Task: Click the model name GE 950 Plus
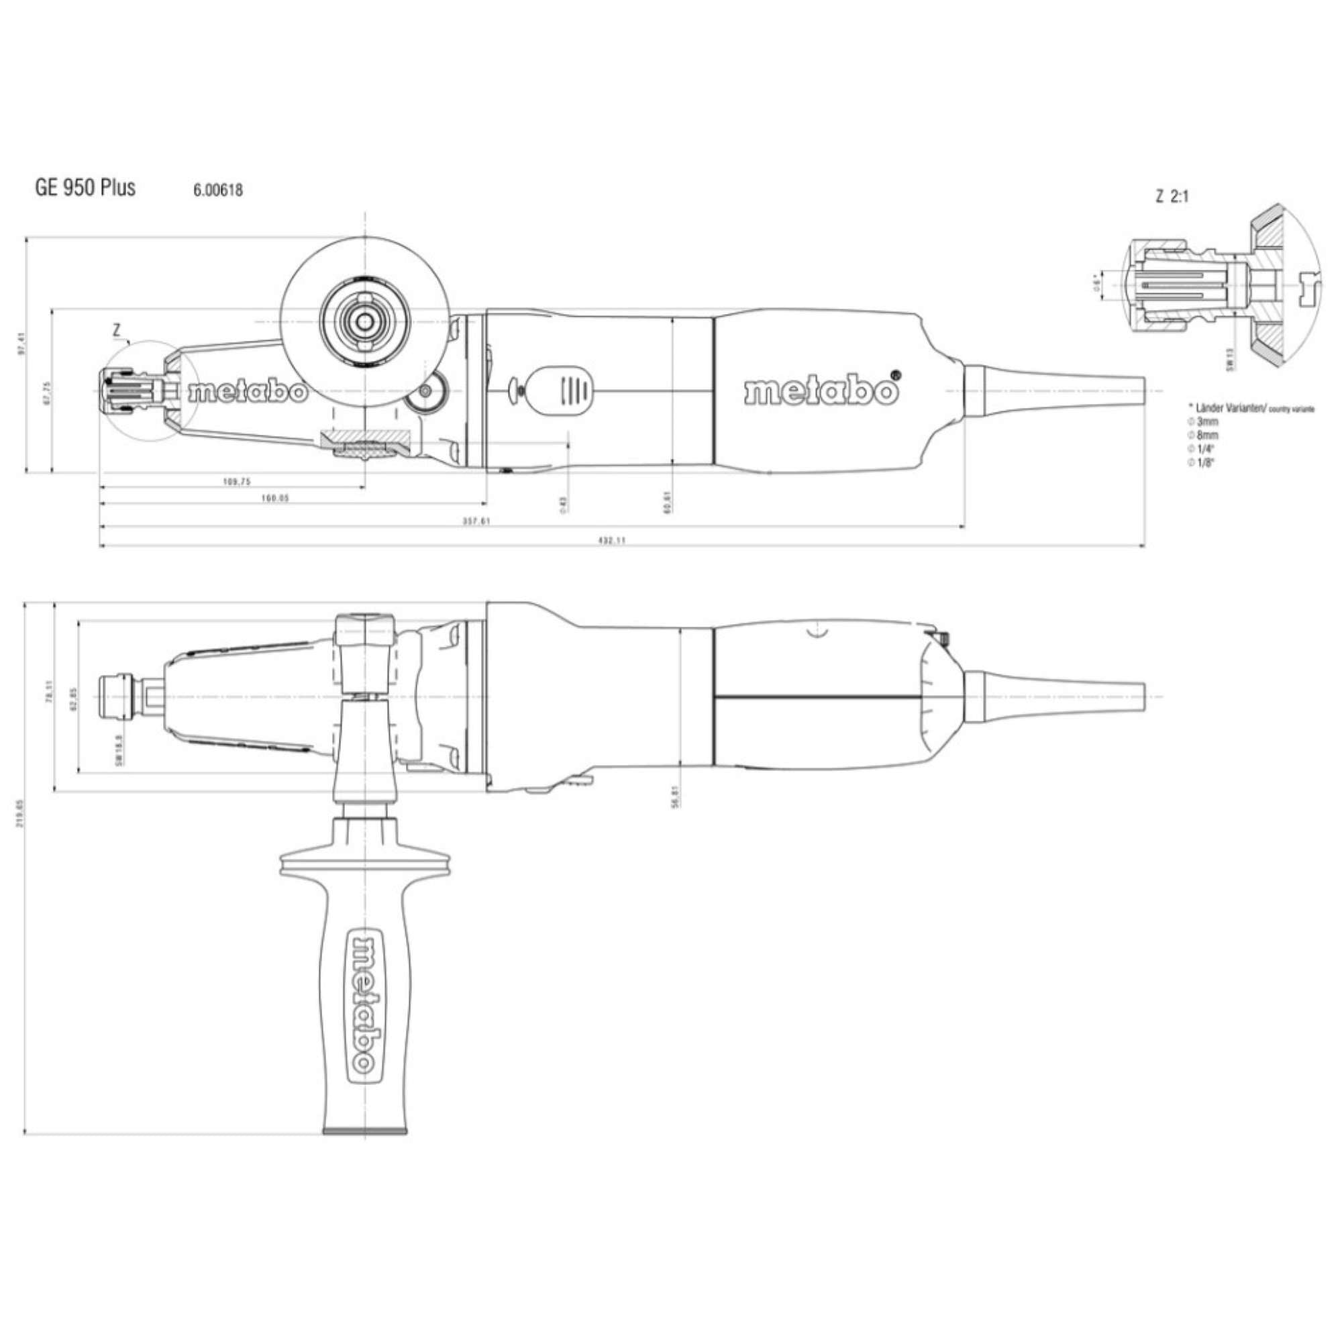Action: [85, 188]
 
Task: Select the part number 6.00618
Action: [218, 190]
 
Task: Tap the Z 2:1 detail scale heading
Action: [1172, 197]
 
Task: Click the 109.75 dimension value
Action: [237, 482]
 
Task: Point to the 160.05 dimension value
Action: [275, 499]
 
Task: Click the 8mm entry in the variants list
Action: [1206, 435]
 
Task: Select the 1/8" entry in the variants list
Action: [1204, 462]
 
